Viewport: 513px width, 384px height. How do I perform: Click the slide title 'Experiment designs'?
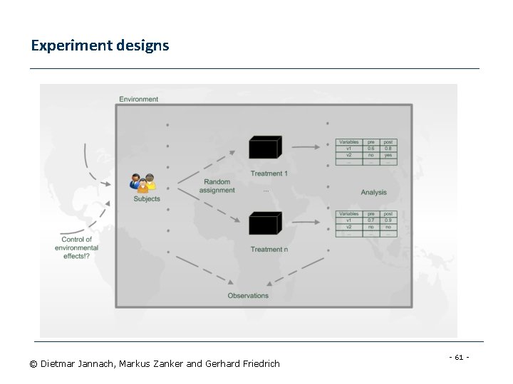(x=100, y=46)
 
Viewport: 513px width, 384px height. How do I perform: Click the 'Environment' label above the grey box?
(x=138, y=99)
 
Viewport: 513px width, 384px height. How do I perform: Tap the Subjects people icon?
(x=143, y=183)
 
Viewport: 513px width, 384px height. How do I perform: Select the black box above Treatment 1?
(x=263, y=148)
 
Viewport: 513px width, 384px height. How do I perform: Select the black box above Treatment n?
(x=263, y=224)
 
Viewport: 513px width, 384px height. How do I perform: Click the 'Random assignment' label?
(x=217, y=186)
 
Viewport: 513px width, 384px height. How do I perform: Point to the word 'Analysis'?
(x=373, y=192)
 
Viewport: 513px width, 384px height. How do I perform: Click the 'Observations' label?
(x=248, y=295)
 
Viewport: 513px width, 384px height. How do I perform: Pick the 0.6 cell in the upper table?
(x=371, y=149)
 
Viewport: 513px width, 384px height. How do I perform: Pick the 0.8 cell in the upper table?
(x=388, y=149)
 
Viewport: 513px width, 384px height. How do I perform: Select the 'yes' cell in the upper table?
(x=388, y=154)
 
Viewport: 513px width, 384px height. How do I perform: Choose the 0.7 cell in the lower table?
(x=371, y=220)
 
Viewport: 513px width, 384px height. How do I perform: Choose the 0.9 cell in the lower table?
(x=388, y=220)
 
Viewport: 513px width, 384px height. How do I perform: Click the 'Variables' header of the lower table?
(x=349, y=213)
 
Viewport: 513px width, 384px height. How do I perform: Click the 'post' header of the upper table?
(x=388, y=142)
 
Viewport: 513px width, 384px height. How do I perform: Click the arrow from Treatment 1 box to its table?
(x=306, y=148)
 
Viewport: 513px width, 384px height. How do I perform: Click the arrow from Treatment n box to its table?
(x=306, y=223)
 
